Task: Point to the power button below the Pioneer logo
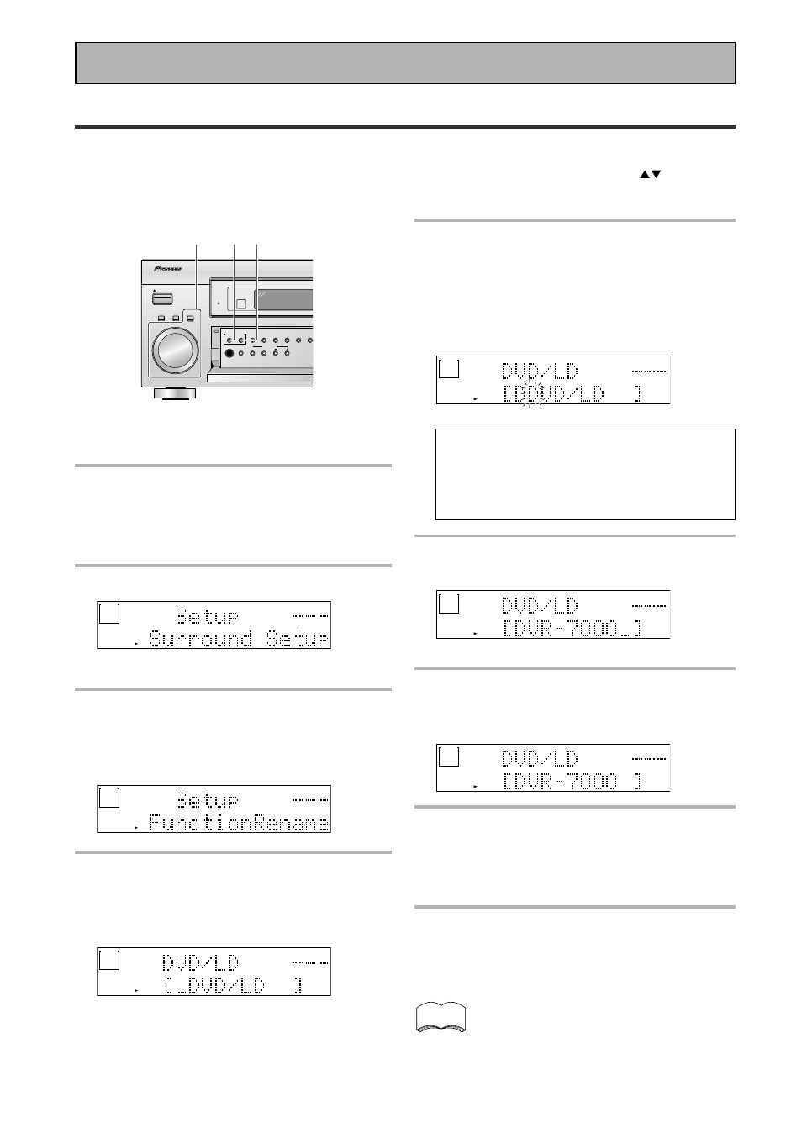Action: pyautogui.click(x=162, y=298)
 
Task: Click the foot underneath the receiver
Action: pyautogui.click(x=176, y=393)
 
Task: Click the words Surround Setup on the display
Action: pyautogui.click(x=238, y=639)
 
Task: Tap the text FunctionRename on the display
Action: pyautogui.click(x=238, y=823)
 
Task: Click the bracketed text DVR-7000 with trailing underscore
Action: pyautogui.click(x=572, y=628)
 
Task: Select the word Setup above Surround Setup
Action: pyautogui.click(x=207, y=616)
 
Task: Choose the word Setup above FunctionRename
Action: pyautogui.click(x=207, y=799)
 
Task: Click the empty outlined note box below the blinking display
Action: pyautogui.click(x=585, y=474)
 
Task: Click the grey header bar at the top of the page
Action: pyautogui.click(x=405, y=63)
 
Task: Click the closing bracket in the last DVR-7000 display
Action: pyautogui.click(x=637, y=781)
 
